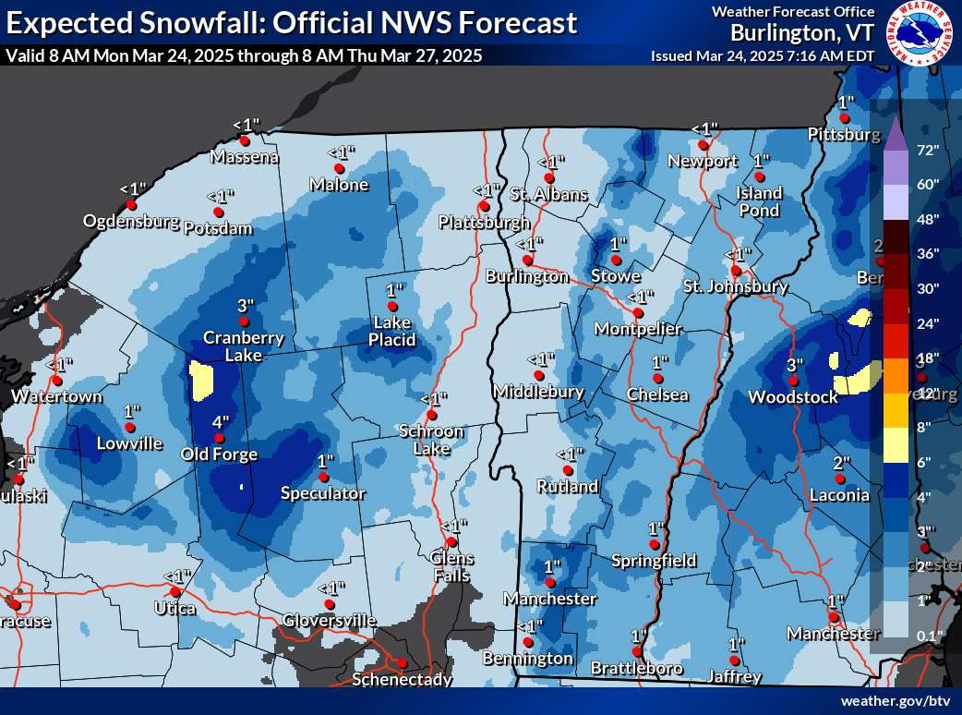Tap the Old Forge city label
[x=220, y=454]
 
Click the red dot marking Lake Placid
[x=392, y=306]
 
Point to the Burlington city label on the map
[x=528, y=276]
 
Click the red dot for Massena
[x=245, y=140]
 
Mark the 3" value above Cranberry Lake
[x=244, y=305]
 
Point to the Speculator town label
[x=323, y=493]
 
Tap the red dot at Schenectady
[x=402, y=663]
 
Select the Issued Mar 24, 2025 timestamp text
[x=763, y=55]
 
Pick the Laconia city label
[x=839, y=494]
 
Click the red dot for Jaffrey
[x=735, y=660]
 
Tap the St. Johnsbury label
[x=735, y=286]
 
